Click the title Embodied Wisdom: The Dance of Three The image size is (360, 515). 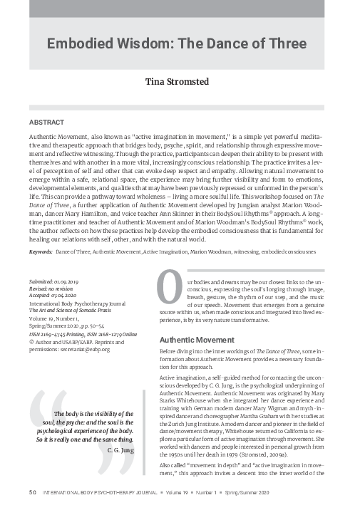[179, 43]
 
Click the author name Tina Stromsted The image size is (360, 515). [179, 82]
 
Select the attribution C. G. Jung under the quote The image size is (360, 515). [120, 450]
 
